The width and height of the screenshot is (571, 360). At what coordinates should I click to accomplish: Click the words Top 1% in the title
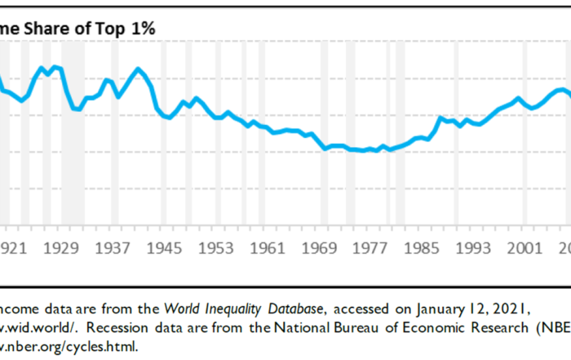[126, 28]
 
